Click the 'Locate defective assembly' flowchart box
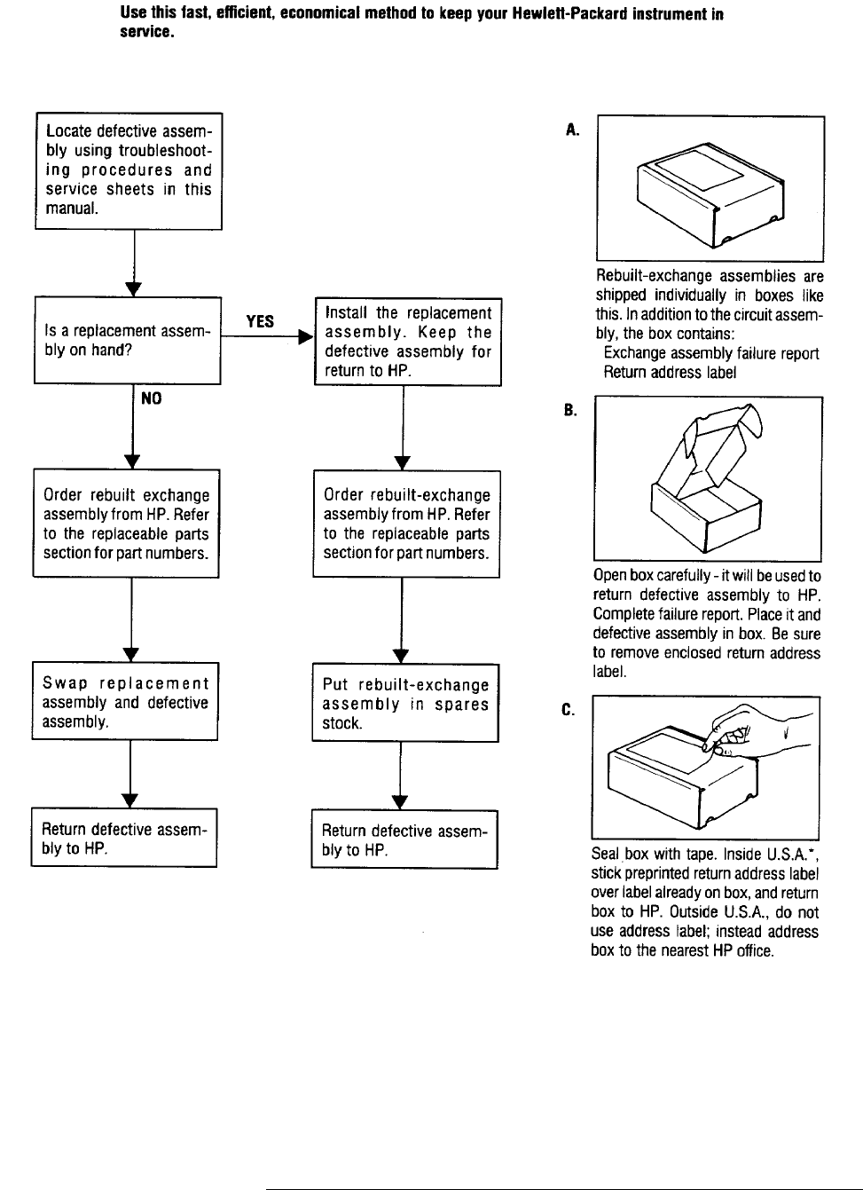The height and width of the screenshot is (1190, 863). click(129, 170)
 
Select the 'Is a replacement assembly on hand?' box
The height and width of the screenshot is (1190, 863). click(127, 340)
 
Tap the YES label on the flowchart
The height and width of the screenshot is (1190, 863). click(260, 321)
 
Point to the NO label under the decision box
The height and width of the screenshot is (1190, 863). click(152, 399)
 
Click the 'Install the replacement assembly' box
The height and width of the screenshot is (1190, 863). click(408, 342)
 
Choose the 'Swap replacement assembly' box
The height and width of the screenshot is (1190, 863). click(125, 702)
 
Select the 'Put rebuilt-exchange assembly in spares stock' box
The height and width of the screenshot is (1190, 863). click(405, 704)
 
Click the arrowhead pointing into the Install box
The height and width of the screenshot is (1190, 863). click(306, 337)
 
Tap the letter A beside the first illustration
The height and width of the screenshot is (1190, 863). click(572, 130)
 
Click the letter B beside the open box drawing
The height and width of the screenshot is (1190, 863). click(569, 410)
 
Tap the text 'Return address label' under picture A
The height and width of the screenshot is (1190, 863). click(669, 373)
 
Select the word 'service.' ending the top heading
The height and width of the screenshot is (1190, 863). click(146, 34)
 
